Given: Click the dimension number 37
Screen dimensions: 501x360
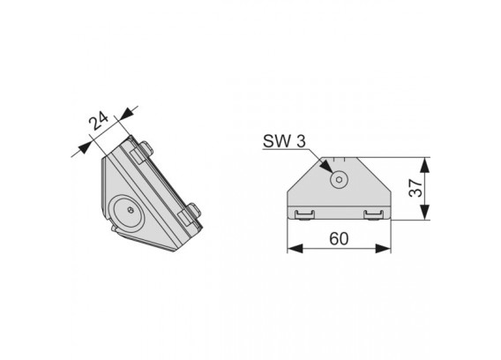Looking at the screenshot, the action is [416, 188].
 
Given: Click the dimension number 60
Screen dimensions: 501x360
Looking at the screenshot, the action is [339, 238].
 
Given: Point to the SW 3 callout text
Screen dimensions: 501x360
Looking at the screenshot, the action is [284, 141].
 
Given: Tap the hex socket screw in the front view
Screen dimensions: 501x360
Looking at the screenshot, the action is [339, 180].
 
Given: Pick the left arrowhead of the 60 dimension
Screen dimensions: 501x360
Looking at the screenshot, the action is [295, 249].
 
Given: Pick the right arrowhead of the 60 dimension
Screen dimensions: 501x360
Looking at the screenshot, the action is [383, 249].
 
